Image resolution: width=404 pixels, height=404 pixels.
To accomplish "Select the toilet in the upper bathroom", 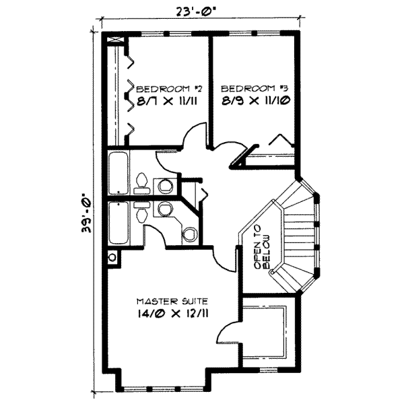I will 141,181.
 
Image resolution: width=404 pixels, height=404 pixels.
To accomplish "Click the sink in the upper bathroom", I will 164,185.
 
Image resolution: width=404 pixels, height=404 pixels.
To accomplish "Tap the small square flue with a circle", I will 112,258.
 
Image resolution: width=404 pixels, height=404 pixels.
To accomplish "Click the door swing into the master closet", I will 230,330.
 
